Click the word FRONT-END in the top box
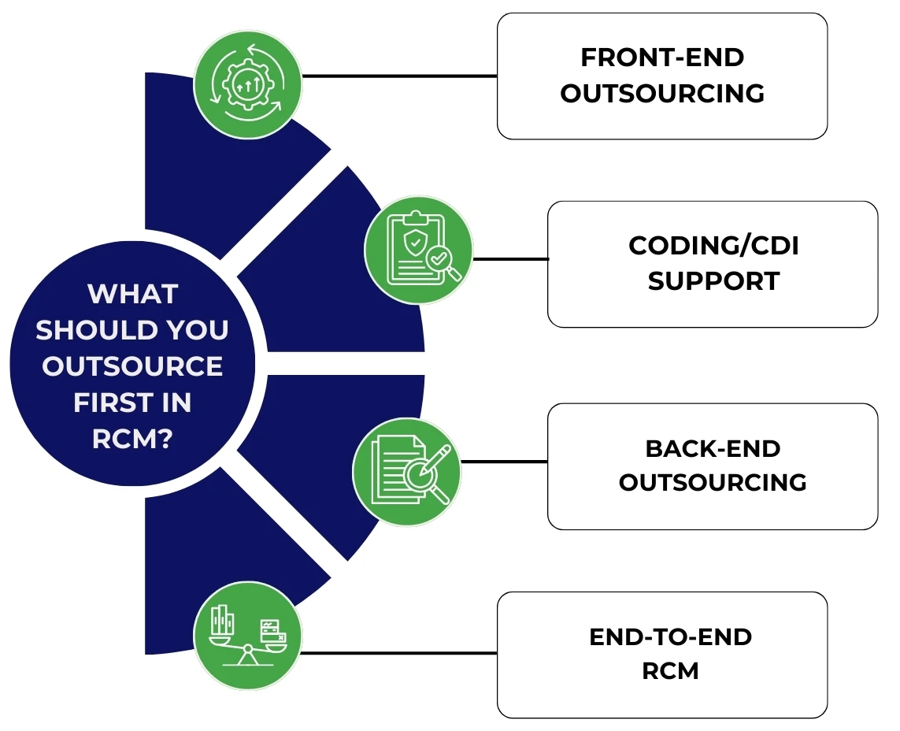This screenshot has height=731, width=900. [662, 58]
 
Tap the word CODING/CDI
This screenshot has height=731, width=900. [713, 246]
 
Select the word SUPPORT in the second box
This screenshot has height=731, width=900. [713, 281]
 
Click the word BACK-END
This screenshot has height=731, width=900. [713, 448]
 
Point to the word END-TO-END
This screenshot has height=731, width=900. [670, 636]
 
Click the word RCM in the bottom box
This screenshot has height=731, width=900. [670, 671]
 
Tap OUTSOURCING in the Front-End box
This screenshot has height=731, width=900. [662, 94]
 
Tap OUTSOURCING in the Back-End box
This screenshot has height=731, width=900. [713, 482]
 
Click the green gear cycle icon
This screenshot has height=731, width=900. [247, 85]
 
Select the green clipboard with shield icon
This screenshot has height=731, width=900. [417, 250]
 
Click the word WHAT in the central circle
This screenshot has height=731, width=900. [132, 294]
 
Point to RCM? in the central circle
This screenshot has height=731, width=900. [132, 439]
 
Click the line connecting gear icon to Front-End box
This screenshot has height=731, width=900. [399, 76]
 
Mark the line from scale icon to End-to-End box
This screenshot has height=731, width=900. [399, 653]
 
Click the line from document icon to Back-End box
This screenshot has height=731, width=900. [504, 462]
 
